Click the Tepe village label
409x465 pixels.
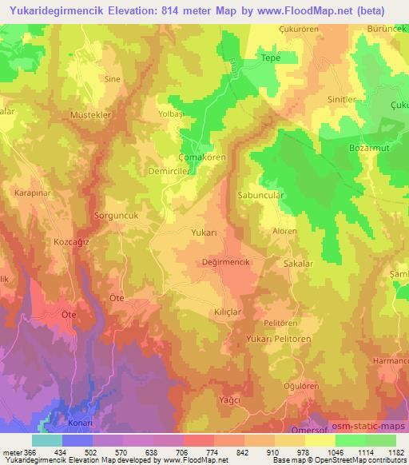(x=268, y=58)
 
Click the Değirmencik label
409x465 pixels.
(x=220, y=260)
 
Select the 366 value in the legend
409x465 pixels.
(x=30, y=453)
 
